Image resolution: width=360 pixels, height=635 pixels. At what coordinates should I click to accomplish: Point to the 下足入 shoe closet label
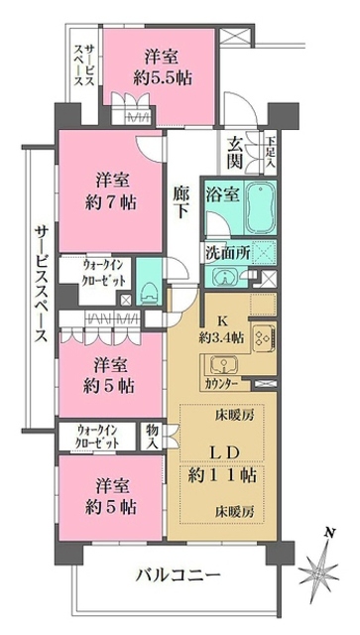tap(271, 151)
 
